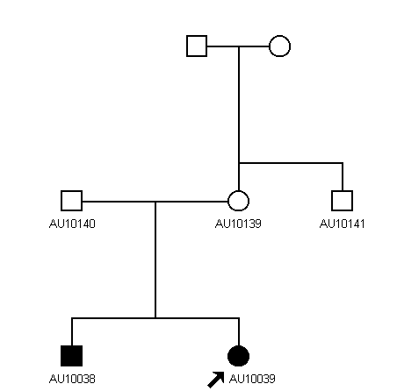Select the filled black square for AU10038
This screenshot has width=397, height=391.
pos(71,356)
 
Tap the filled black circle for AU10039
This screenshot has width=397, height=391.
pos(238,356)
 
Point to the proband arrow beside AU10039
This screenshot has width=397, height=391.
pos(216,380)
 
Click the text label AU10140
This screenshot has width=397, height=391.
pos(72,224)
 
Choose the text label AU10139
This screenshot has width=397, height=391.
pos(238,224)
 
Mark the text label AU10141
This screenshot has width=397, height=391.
pos(343,224)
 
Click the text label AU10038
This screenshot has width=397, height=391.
pos(72,379)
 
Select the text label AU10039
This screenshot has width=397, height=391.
pos(252,379)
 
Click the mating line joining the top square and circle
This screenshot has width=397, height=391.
pos(238,46)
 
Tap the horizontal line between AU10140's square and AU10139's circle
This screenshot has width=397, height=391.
pos(155,202)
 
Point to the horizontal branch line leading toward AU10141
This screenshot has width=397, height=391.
pos(291,163)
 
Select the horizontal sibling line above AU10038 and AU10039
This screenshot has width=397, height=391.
pos(155,318)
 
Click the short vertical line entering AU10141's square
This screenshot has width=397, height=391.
pos(343,177)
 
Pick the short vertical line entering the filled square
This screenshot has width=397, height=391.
pos(72,331)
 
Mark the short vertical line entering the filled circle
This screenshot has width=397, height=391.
pos(239,331)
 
